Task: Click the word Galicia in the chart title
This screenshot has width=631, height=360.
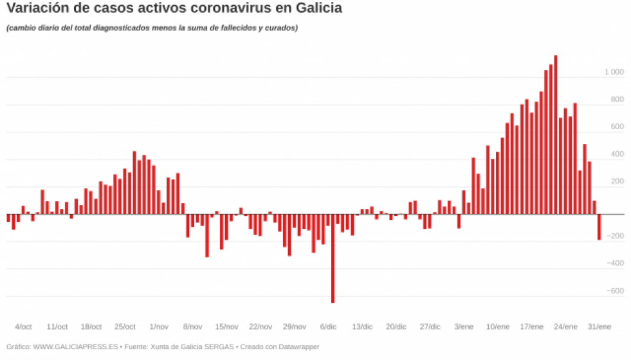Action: [x=318, y=9]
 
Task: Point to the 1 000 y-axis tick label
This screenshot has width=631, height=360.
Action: [x=614, y=73]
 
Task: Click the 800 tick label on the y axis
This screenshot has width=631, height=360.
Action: [x=617, y=100]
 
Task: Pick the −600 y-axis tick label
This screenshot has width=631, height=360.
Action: [x=616, y=291]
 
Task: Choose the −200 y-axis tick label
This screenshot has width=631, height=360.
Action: [x=616, y=236]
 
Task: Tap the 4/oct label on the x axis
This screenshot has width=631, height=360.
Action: [x=23, y=327]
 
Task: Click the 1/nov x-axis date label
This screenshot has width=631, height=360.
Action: [x=158, y=327]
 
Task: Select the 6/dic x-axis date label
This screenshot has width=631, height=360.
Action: [x=328, y=327]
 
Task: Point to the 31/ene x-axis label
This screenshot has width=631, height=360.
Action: [x=599, y=327]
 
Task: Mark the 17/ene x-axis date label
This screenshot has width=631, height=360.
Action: [x=531, y=327]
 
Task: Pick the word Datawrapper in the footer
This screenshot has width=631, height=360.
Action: [x=297, y=347]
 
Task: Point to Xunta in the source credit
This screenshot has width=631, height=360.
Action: [x=160, y=347]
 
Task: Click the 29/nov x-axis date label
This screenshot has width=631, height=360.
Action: [x=294, y=327]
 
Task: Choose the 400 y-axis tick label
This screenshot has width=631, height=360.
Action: [x=617, y=154]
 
